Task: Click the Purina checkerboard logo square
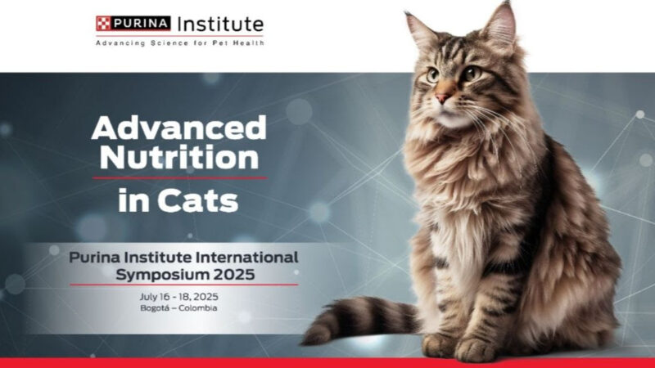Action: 103,23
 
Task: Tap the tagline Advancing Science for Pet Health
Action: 179,43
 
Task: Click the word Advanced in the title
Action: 178,128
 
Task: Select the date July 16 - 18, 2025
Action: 184,296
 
